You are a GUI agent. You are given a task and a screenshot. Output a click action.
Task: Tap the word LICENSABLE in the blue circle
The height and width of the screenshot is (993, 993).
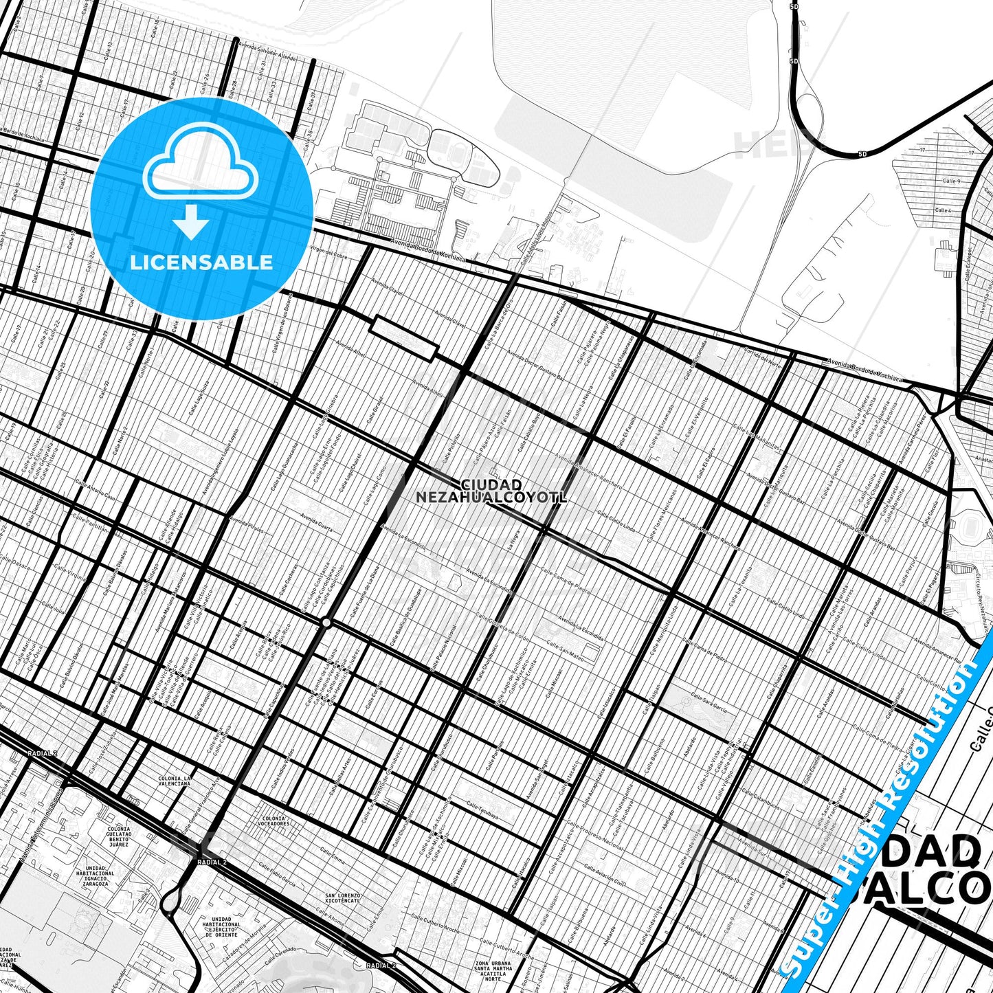[201, 263]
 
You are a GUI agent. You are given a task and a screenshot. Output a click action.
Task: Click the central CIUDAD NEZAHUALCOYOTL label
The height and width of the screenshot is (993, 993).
[491, 491]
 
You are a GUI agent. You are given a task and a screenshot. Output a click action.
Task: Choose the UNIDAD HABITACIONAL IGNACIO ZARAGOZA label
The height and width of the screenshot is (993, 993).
[96, 875]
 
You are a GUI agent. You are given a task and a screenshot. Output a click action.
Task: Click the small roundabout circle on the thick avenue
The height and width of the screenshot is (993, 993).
[326, 623]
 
